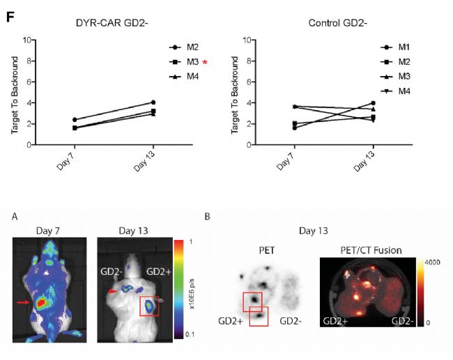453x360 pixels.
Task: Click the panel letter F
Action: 10,12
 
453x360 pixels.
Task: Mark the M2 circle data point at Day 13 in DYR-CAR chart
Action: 153,103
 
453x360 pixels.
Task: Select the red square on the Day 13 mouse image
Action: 149,306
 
